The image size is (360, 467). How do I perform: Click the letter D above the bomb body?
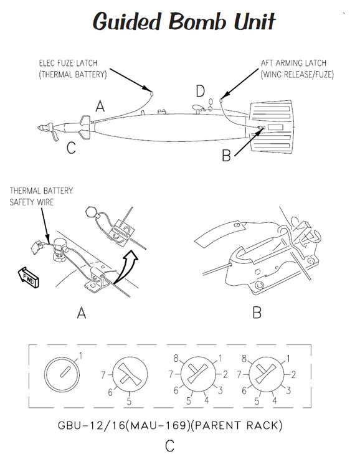(x=200, y=92)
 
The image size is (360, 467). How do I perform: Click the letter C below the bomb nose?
(x=72, y=148)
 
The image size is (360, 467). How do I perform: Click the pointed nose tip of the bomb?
(x=40, y=128)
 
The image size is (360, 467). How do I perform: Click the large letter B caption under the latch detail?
(x=256, y=313)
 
